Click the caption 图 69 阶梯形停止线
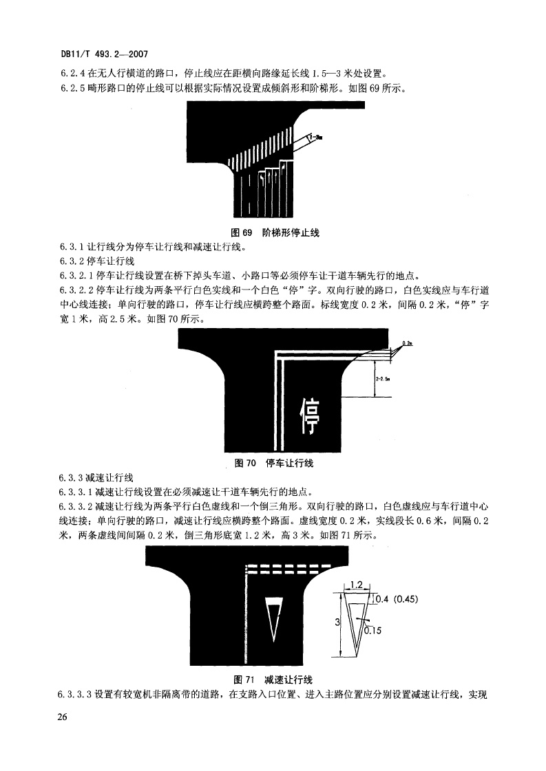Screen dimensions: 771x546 tap(273, 233)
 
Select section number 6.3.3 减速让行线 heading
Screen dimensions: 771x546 tap(96, 476)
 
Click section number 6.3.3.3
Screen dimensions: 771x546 tap(76, 693)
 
